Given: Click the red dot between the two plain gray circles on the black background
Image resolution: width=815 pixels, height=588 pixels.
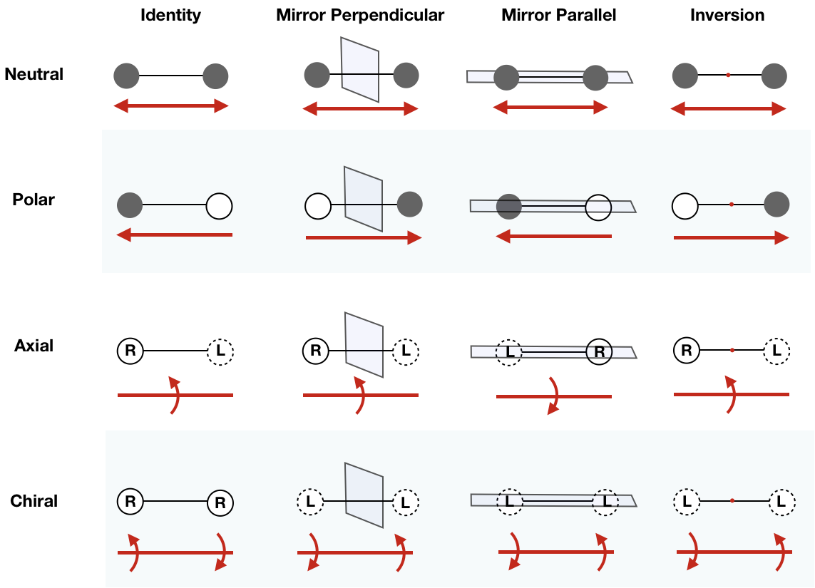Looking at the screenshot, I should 728,75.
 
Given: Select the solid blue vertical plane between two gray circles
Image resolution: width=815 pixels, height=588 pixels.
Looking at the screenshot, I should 360,69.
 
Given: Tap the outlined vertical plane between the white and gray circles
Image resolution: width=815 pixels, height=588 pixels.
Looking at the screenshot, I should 364,199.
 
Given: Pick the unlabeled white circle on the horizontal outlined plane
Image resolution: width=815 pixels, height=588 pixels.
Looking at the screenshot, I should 598,207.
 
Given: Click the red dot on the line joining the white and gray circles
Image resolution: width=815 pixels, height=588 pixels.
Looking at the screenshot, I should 732,205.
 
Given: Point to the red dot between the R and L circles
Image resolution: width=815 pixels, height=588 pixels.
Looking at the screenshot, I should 732,351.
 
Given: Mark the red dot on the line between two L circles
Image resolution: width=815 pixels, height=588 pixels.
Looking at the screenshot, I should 732,501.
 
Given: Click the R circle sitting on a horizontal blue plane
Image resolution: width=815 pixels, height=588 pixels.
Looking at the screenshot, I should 599,352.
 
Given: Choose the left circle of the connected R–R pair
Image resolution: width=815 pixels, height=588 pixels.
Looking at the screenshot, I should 130,501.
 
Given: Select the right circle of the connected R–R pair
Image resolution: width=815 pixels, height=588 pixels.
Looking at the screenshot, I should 220,503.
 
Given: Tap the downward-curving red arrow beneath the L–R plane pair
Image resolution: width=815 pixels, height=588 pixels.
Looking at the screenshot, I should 554,396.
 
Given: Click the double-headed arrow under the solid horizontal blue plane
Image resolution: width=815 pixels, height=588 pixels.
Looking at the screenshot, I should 550,108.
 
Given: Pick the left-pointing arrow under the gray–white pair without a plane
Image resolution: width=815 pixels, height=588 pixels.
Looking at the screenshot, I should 174,234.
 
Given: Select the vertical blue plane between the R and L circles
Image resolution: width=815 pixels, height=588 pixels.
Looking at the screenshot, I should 364,344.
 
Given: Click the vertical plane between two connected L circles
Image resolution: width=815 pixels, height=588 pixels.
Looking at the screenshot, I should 364,495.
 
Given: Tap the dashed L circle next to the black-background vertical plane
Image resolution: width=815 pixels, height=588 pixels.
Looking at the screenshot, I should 406,351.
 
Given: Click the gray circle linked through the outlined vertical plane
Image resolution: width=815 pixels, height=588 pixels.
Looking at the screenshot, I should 410,204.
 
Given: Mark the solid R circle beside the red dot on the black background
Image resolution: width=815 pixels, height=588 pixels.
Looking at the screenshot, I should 687,351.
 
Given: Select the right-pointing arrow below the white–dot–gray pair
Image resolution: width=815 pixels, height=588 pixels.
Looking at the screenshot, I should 732,238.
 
